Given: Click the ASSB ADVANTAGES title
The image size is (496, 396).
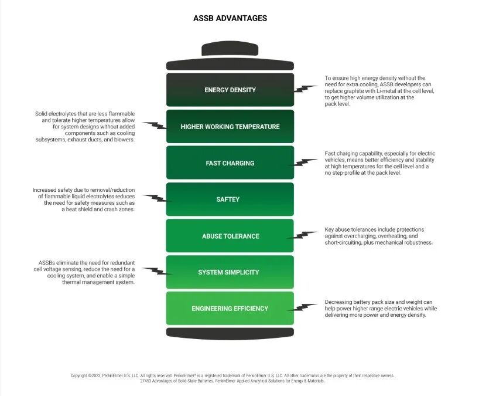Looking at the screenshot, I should [x=230, y=18].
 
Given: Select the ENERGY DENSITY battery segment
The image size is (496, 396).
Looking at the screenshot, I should [x=230, y=90].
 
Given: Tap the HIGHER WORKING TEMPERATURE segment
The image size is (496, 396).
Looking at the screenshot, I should [x=230, y=126].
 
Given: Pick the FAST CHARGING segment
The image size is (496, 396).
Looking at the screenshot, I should [x=230, y=163].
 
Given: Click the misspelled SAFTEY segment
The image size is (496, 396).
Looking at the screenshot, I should [x=230, y=199].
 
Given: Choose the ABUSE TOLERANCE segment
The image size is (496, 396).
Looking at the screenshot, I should [x=230, y=236].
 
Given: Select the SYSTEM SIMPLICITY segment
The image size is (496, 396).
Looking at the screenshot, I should [x=230, y=272].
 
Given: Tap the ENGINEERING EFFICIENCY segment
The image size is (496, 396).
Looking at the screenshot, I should [x=230, y=309].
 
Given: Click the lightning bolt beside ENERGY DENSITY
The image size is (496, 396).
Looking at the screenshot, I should [x=305, y=89].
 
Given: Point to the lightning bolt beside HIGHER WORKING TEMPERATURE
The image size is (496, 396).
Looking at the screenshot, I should [x=155, y=126].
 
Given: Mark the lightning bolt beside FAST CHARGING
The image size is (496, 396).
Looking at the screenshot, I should [x=305, y=162].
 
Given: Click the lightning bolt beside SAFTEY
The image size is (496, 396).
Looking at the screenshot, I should [x=155, y=198].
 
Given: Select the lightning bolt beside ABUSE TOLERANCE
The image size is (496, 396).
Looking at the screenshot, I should [x=305, y=235].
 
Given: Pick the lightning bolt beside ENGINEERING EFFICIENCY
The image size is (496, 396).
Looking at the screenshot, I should [x=305, y=307].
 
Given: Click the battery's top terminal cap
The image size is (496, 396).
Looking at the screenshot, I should [x=230, y=49].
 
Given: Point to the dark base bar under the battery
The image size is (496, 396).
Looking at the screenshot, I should [x=230, y=333].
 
